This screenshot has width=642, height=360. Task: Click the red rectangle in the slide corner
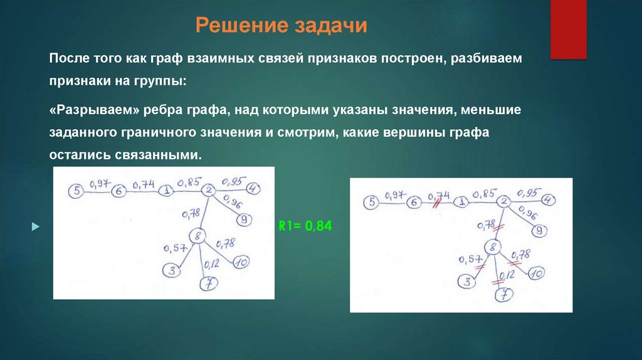pos(568,28)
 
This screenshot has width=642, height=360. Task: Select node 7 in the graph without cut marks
pos(208,283)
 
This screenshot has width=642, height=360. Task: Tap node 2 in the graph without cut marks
pos(209,191)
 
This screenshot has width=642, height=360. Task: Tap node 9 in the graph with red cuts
pos(537,230)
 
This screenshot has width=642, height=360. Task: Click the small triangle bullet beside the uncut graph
pos(35,226)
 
